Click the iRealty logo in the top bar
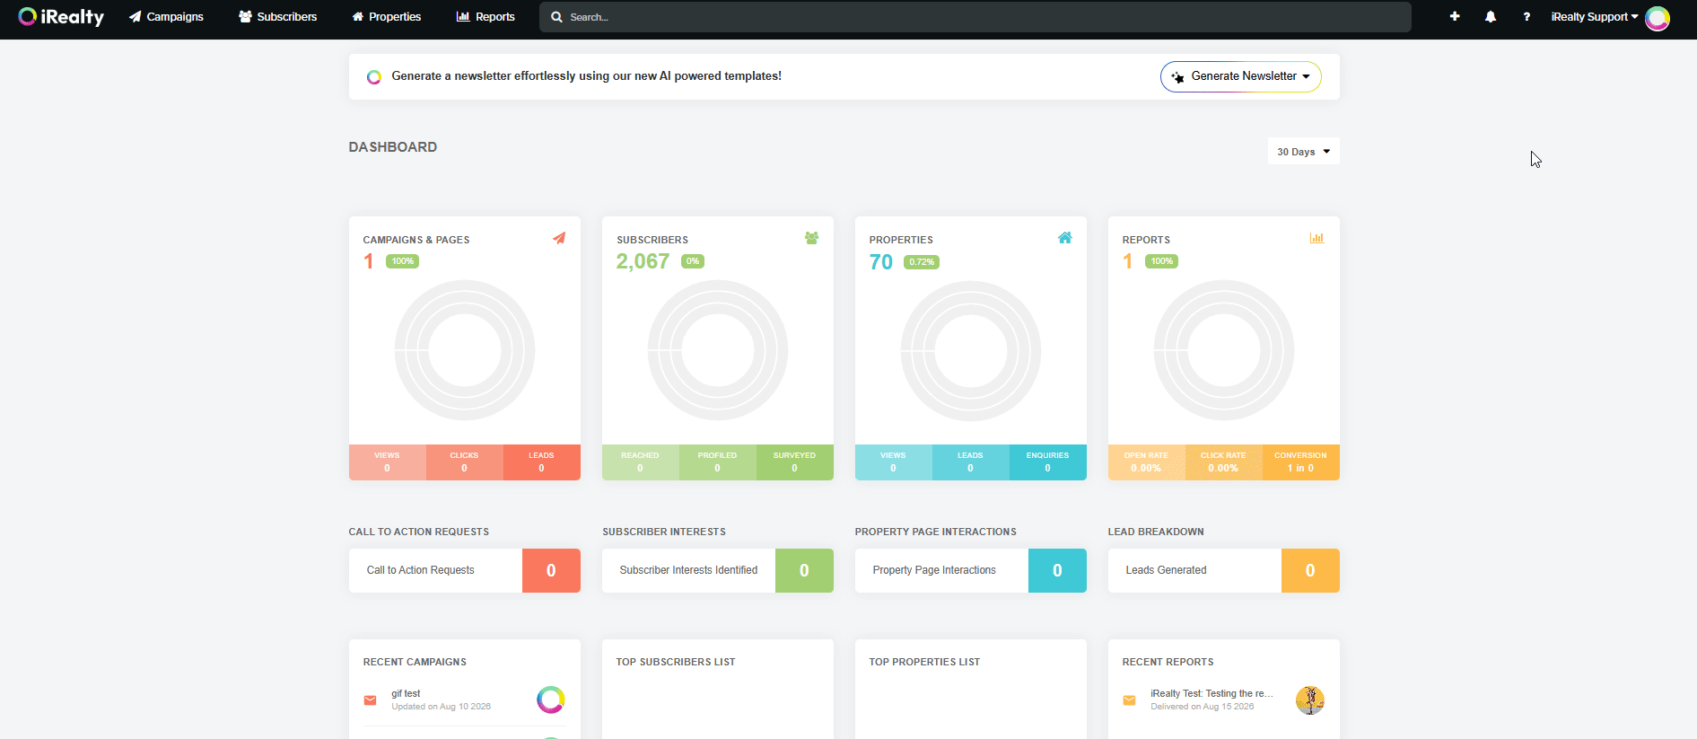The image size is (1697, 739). click(x=61, y=17)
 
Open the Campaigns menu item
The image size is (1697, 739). click(x=166, y=17)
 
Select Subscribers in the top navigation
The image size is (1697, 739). click(x=278, y=17)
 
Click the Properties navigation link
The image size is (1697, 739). click(x=386, y=17)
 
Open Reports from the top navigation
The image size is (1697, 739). click(x=485, y=17)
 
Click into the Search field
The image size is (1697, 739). click(x=975, y=17)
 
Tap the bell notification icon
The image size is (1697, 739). click(x=1491, y=17)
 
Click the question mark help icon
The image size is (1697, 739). click(x=1526, y=17)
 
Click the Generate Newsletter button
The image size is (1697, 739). click(x=1240, y=76)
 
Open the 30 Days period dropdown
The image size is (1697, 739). click(x=1303, y=152)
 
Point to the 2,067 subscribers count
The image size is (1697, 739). click(x=643, y=261)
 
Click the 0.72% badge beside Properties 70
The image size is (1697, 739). click(x=922, y=262)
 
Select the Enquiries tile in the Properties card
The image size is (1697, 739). click(x=1047, y=462)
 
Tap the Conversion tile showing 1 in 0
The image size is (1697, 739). click(x=1300, y=462)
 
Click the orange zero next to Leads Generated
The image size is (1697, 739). click(x=1310, y=570)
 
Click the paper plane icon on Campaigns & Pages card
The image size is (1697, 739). click(x=559, y=238)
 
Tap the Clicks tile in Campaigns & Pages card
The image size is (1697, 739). click(x=464, y=462)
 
